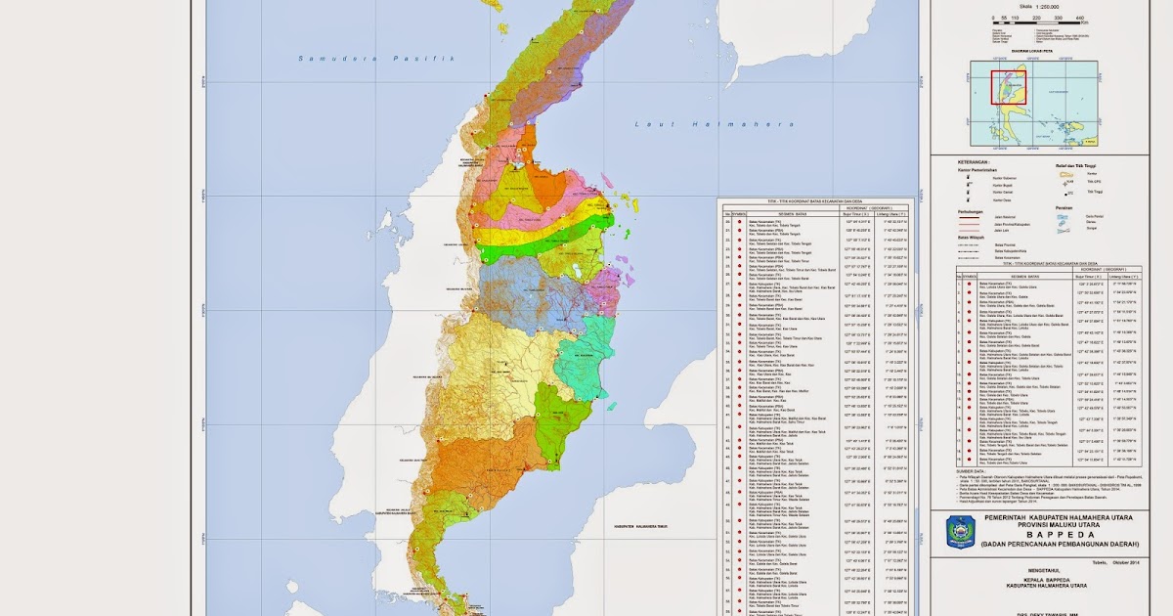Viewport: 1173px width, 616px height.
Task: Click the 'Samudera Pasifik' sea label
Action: point(377,60)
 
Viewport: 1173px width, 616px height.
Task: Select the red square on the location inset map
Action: point(1007,87)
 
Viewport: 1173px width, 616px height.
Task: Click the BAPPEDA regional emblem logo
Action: point(961,532)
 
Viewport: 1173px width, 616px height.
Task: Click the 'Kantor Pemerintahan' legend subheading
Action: point(977,170)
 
